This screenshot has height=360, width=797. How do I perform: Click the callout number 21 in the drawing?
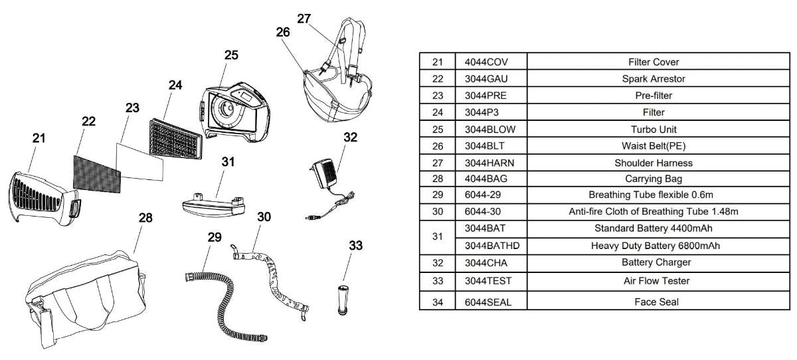(40, 138)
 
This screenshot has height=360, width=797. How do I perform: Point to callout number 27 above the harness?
(304, 19)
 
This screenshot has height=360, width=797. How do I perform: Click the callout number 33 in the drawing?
(356, 246)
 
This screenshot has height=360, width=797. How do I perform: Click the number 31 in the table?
(437, 237)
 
